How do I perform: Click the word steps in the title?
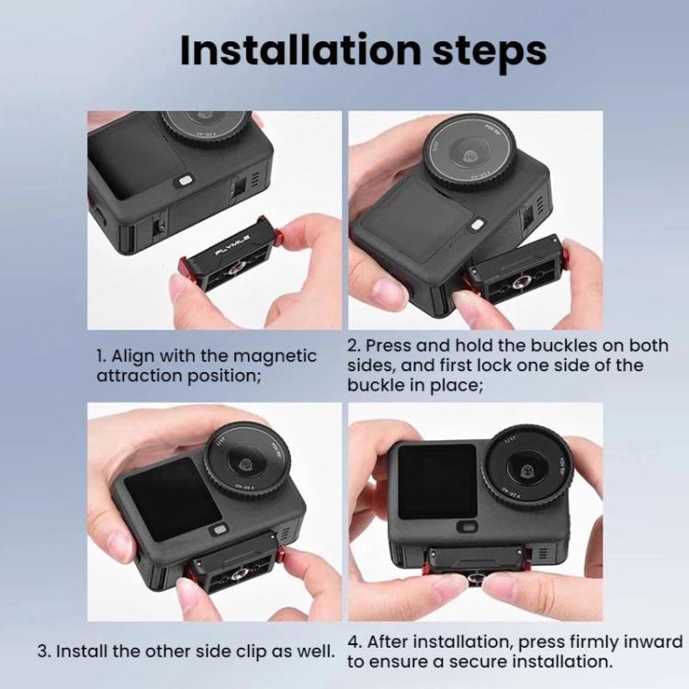pyautogui.click(x=489, y=52)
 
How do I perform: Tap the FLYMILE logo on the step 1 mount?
pyautogui.click(x=232, y=244)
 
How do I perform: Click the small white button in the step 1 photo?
pyautogui.click(x=185, y=181)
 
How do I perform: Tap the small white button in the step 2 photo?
pyautogui.click(x=476, y=224)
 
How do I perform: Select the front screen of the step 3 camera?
pyautogui.click(x=173, y=499)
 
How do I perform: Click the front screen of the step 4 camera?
pyautogui.click(x=437, y=480)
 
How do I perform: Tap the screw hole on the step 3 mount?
pyautogui.click(x=240, y=573)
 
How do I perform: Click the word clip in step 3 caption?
pyautogui.click(x=253, y=652)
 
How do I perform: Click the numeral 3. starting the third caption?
pyautogui.click(x=44, y=651)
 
